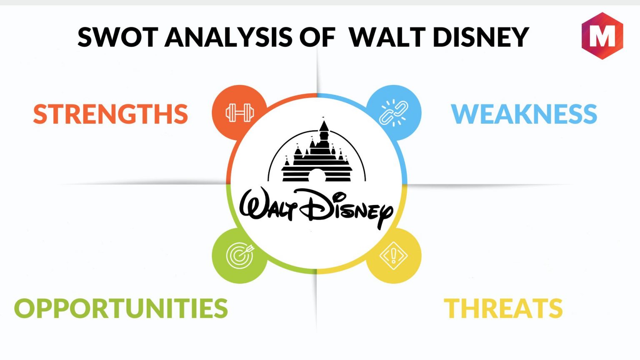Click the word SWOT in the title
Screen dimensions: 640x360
tap(118, 37)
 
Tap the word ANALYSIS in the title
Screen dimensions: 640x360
tap(228, 37)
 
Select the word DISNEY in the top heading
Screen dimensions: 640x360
tap(481, 37)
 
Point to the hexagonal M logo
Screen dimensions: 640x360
tap(602, 36)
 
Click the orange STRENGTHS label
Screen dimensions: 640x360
tap(110, 114)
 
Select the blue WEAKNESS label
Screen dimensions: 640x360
tap(524, 114)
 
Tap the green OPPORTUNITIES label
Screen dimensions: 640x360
tap(121, 308)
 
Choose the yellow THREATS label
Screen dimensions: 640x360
tap(503, 308)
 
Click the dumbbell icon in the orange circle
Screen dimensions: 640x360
tap(240, 112)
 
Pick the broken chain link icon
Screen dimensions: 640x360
tap(394, 112)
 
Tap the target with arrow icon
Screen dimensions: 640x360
tap(240, 255)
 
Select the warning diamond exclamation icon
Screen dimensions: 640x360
tap(394, 255)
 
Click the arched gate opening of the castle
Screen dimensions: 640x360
tap(317, 175)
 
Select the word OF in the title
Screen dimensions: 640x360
tap(317, 37)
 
